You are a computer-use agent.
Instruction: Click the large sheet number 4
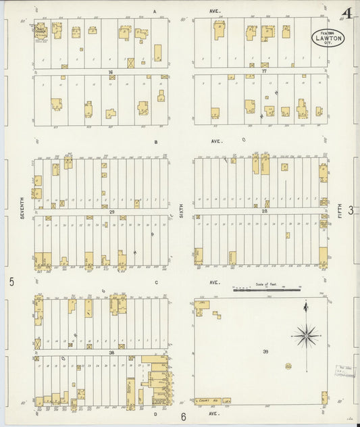coord(347,14)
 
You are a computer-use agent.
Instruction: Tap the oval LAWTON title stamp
coord(328,38)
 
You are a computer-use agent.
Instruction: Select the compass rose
coord(307,333)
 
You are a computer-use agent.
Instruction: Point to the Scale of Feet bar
coord(267,289)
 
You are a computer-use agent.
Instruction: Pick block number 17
coord(264,71)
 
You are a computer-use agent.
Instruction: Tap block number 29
coord(111,211)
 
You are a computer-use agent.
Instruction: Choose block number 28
coord(265,211)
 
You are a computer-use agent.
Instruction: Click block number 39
coord(265,351)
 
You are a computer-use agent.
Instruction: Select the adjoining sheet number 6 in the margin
coord(182,417)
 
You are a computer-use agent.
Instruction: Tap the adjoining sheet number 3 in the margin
coord(351,211)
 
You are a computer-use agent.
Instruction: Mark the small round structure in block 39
coord(288,366)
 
